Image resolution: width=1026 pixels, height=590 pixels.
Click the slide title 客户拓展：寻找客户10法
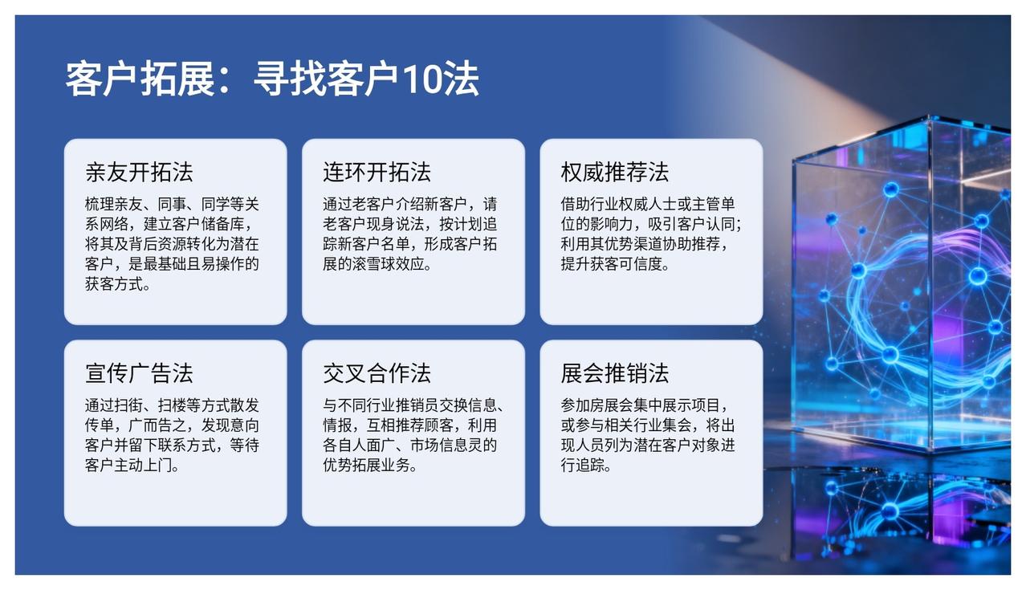point(272,79)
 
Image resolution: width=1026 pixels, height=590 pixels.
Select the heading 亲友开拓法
point(139,173)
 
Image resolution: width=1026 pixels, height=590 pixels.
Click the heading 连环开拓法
point(377,173)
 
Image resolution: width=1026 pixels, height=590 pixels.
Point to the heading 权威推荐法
point(615,173)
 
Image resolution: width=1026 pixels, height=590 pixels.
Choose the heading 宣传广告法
point(139,373)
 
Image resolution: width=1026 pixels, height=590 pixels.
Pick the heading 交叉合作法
point(377,373)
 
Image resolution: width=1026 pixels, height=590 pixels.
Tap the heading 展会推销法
point(615,373)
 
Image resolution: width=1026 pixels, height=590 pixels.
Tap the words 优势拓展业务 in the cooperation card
point(366,466)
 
